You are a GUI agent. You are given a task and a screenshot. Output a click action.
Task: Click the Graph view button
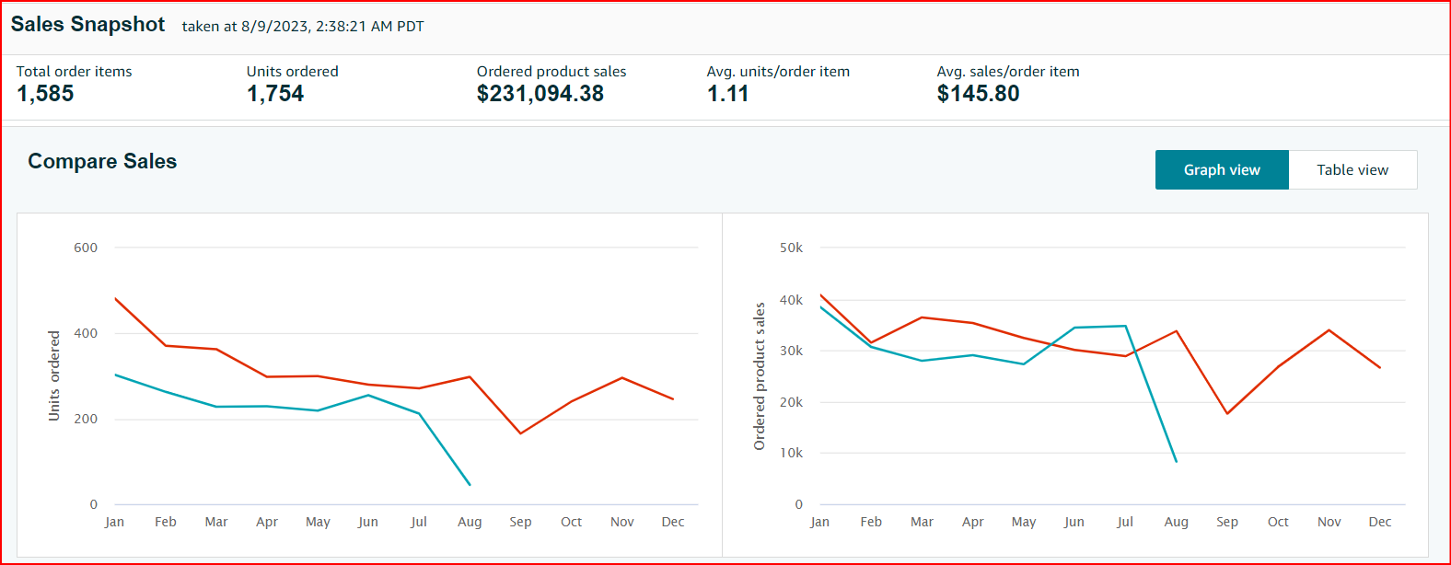point(1222,170)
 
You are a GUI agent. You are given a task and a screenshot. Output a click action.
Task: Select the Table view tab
point(1352,170)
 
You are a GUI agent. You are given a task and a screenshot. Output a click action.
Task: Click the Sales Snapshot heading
point(87,25)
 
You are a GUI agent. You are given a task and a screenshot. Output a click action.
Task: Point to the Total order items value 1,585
point(45,94)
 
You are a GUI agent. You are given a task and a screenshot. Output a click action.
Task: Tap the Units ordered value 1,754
point(274,94)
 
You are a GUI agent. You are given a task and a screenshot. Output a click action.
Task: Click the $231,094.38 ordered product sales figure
point(540,94)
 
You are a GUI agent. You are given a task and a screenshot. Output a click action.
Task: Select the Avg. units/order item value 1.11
point(727,94)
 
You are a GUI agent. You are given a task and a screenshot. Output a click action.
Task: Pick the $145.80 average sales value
point(978,94)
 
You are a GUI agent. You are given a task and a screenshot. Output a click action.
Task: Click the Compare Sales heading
point(102,161)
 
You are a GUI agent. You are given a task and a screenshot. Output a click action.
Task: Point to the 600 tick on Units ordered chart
point(86,248)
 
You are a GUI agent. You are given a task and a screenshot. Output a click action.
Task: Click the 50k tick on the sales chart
point(791,248)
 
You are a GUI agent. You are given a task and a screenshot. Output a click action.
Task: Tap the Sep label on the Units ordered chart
point(520,522)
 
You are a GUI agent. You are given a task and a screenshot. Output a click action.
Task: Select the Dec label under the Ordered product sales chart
point(1379,522)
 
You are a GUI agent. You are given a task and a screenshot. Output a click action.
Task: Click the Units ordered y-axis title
point(53,375)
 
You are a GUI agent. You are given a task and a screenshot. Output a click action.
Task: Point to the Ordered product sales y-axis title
point(760,375)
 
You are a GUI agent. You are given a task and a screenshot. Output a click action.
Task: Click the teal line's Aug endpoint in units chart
point(470,484)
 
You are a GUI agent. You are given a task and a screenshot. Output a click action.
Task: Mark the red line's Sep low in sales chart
point(1227,413)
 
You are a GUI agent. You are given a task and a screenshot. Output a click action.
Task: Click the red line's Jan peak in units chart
point(115,298)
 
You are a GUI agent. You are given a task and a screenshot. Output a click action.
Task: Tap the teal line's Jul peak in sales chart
point(1125,326)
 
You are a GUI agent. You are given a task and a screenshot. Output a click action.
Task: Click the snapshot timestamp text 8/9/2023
point(274,27)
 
